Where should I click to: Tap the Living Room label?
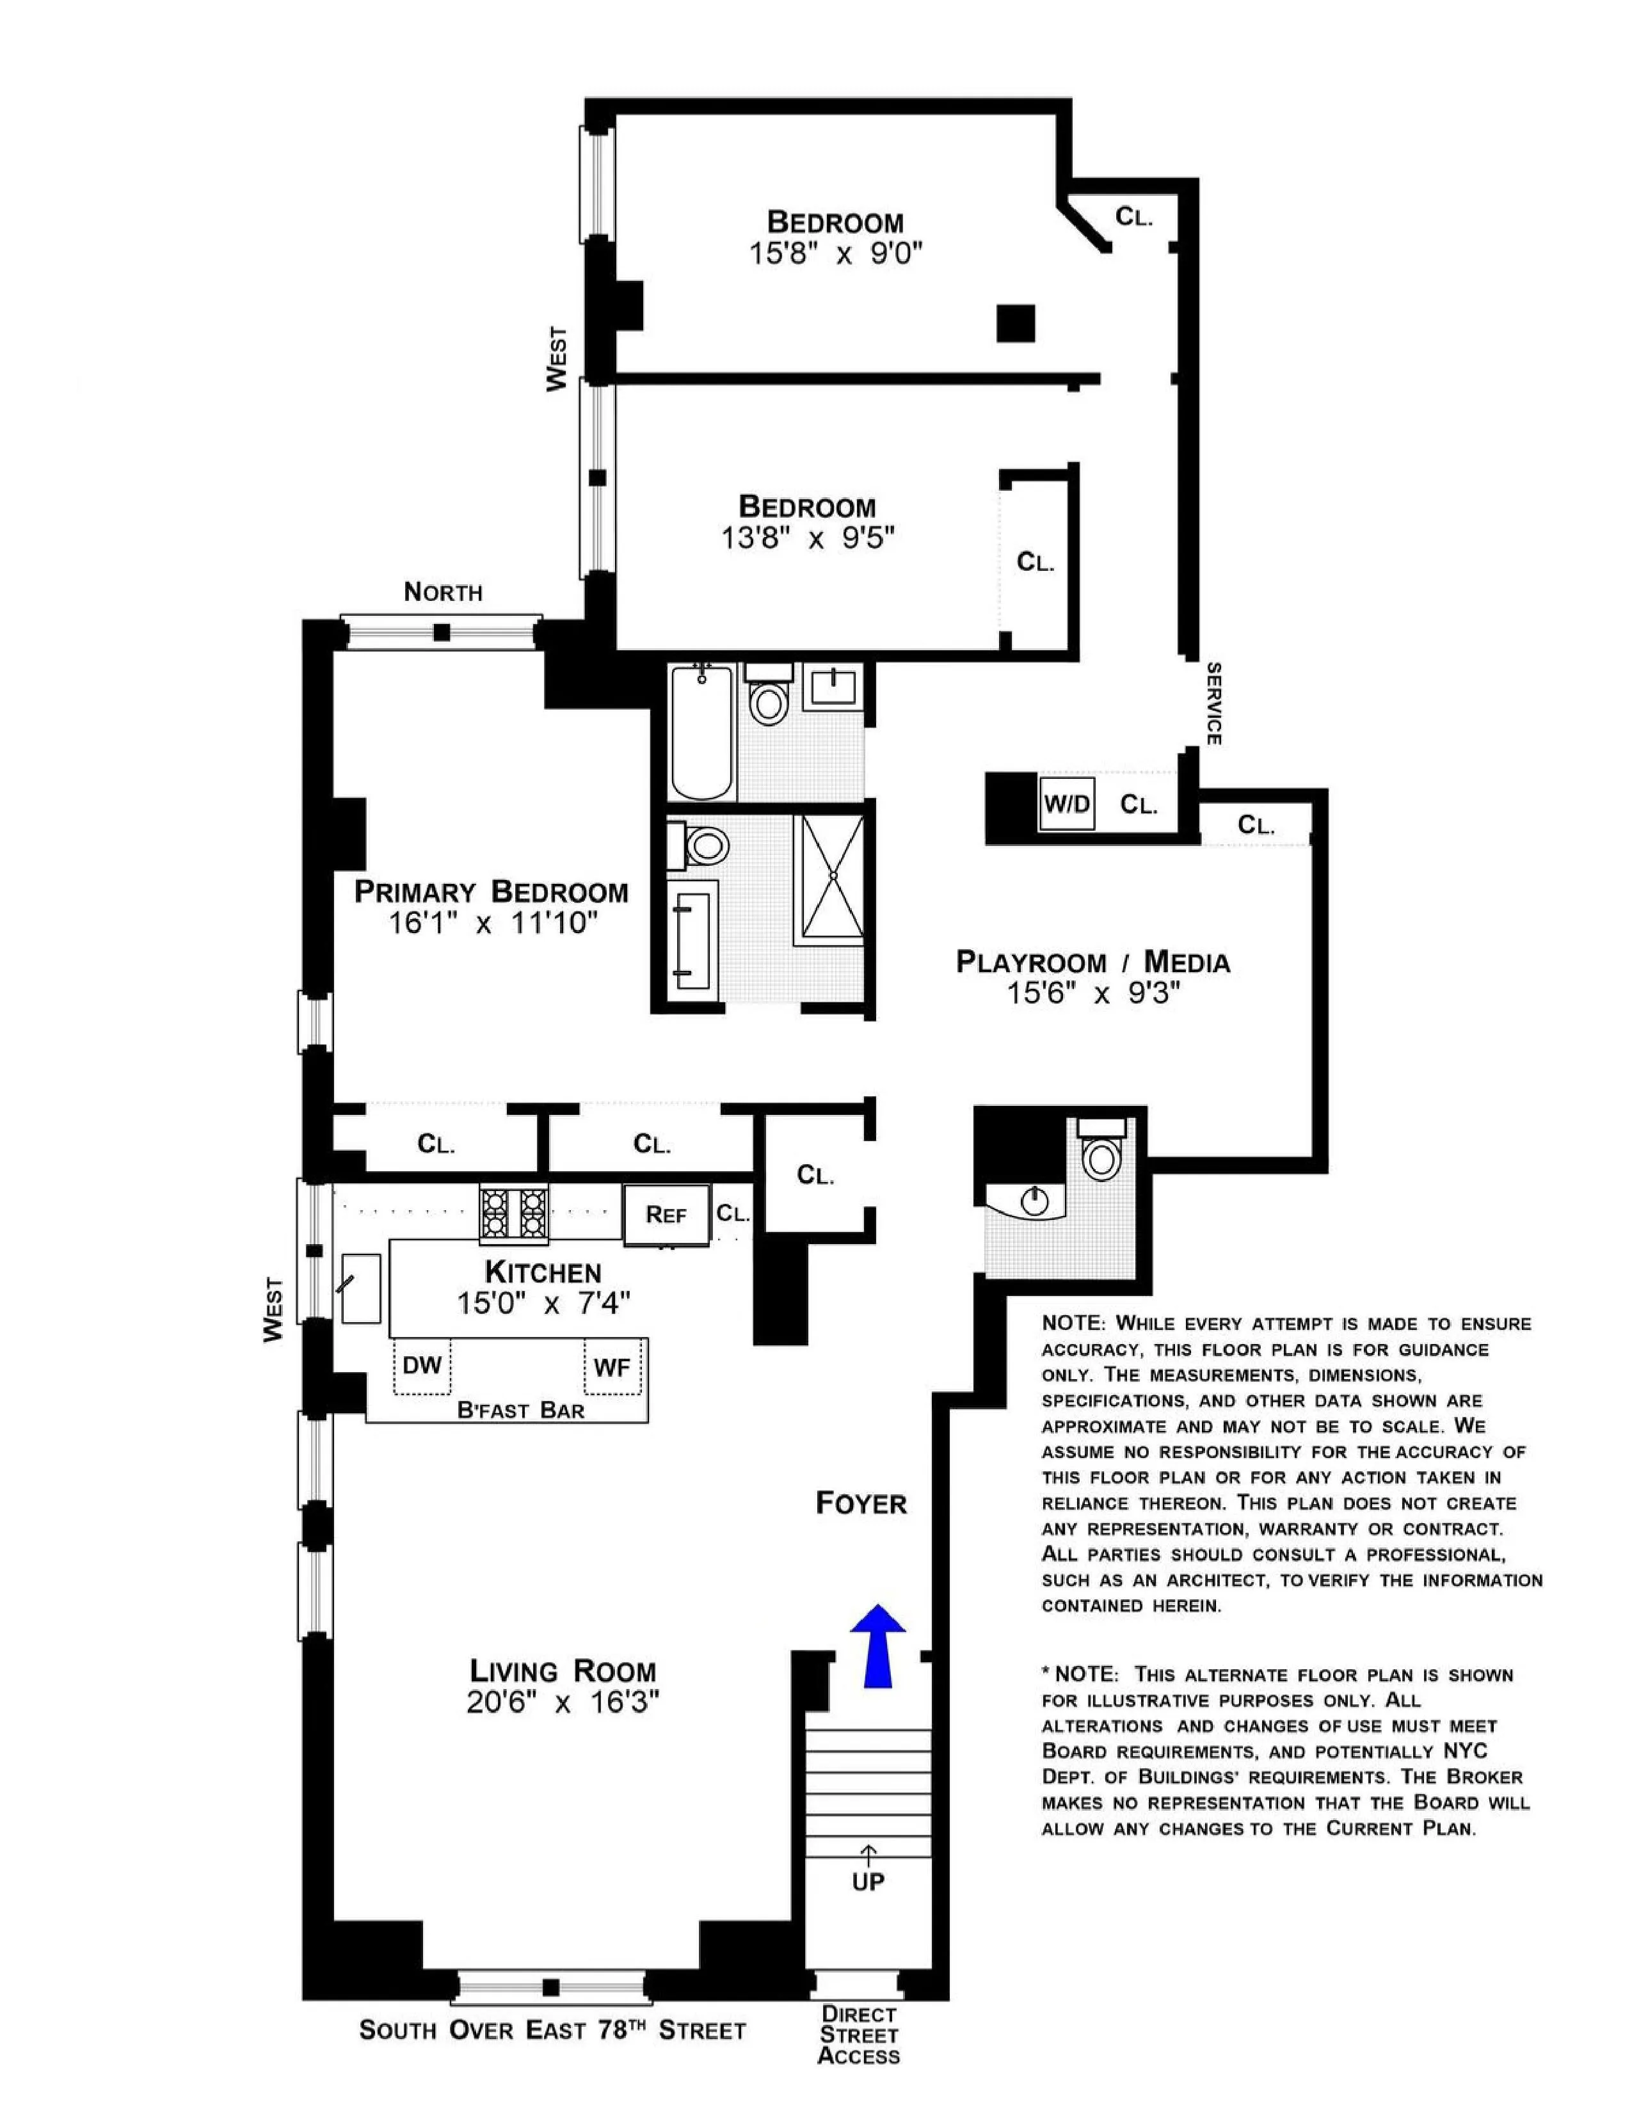563,1670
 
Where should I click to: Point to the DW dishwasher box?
422,1366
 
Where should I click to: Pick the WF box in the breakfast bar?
612,1366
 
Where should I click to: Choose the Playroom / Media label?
1092,961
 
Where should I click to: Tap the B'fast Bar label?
520,1410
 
